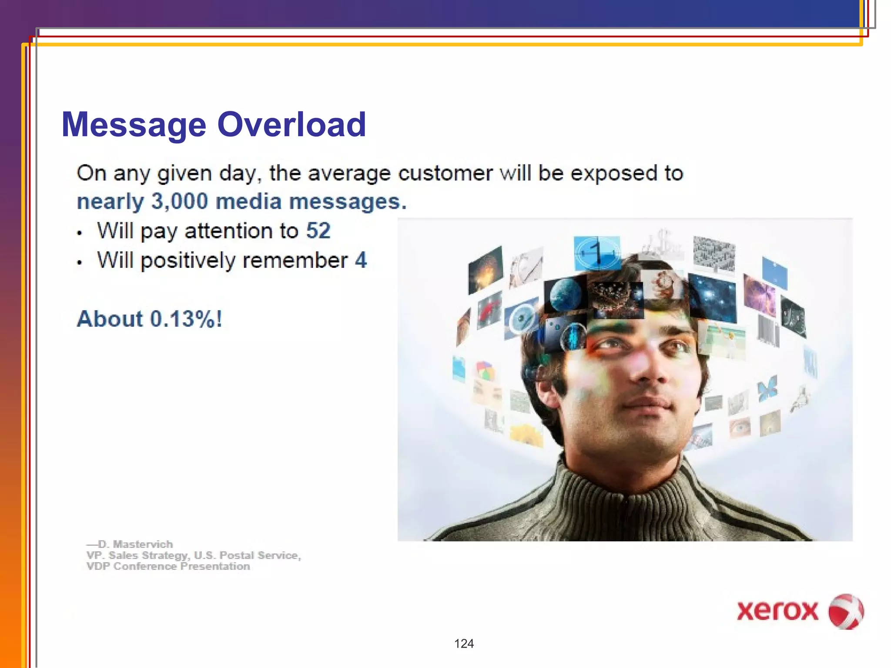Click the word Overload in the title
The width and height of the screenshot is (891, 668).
click(291, 125)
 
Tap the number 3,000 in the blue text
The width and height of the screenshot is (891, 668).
click(180, 201)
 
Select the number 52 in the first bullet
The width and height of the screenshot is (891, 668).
click(318, 230)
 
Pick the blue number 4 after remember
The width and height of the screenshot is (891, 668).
click(361, 260)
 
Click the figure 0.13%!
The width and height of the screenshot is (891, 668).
click(186, 319)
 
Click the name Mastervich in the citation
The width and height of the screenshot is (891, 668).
click(143, 544)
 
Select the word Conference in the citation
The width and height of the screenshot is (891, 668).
click(145, 566)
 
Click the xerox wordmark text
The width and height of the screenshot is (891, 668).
click(777, 611)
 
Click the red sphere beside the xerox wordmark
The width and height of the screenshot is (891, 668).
click(845, 611)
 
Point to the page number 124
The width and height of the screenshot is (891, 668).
click(464, 644)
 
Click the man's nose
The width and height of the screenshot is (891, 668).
click(644, 370)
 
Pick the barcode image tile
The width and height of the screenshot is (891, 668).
click(768, 331)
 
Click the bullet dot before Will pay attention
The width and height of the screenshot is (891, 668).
click(79, 233)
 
